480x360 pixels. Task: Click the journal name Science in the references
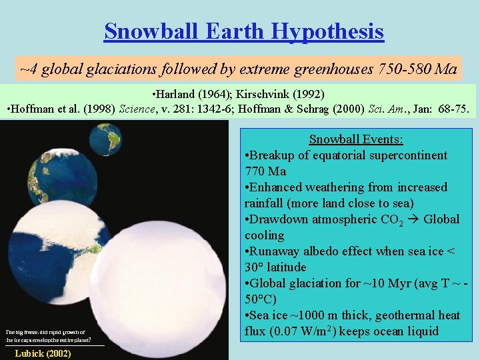pos(136,109)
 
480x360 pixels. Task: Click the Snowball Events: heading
pos(356,139)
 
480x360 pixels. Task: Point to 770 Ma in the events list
pos(265,171)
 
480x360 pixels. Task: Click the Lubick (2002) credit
pos(43,353)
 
